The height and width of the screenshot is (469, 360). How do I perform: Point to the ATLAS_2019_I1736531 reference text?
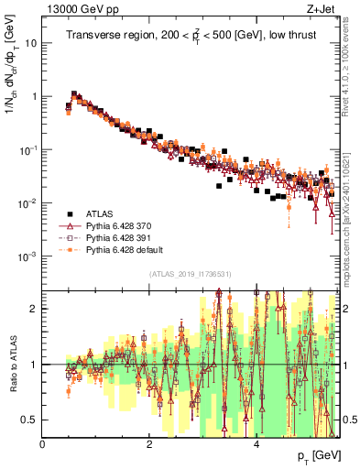(191, 274)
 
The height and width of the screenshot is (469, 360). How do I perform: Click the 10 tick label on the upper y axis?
(32, 43)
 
